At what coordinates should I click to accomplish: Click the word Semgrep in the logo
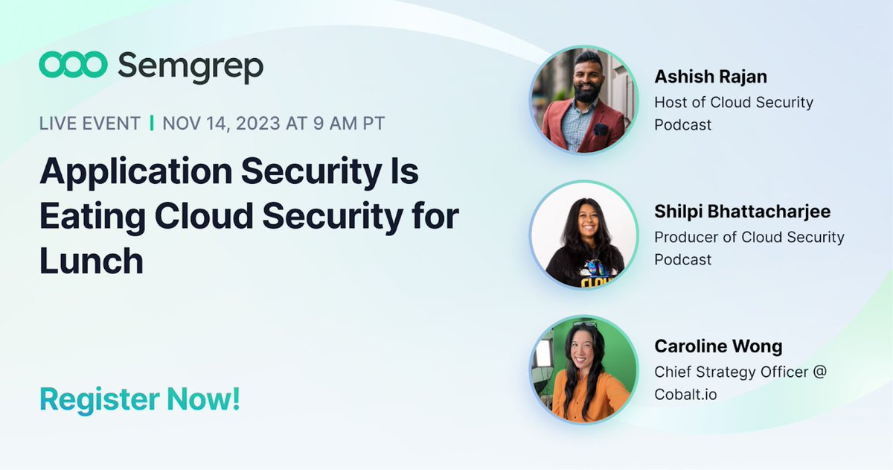[x=191, y=67]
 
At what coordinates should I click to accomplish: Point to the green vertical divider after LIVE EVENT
[x=152, y=123]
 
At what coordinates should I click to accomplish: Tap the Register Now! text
[x=140, y=399]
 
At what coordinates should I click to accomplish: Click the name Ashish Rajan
[x=711, y=77]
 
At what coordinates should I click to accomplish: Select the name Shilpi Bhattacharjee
[x=742, y=212]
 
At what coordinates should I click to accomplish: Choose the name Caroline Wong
[x=718, y=346]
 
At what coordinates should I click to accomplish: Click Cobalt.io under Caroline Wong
[x=685, y=394]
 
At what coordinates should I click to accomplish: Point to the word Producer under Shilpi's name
[x=686, y=237]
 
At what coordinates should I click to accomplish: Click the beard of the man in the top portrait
[x=587, y=95]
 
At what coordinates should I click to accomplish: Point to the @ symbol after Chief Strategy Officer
[x=819, y=371]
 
